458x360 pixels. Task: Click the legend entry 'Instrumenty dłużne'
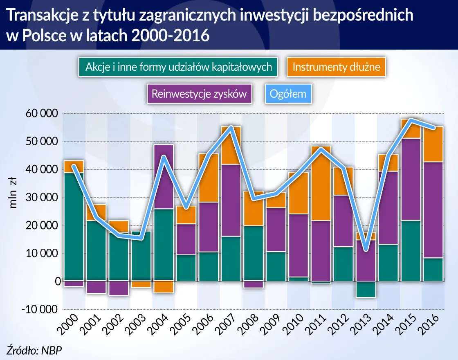336,67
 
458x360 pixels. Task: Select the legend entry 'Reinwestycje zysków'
199,94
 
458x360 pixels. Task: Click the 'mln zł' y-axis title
13,193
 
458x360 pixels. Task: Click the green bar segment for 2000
74,227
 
